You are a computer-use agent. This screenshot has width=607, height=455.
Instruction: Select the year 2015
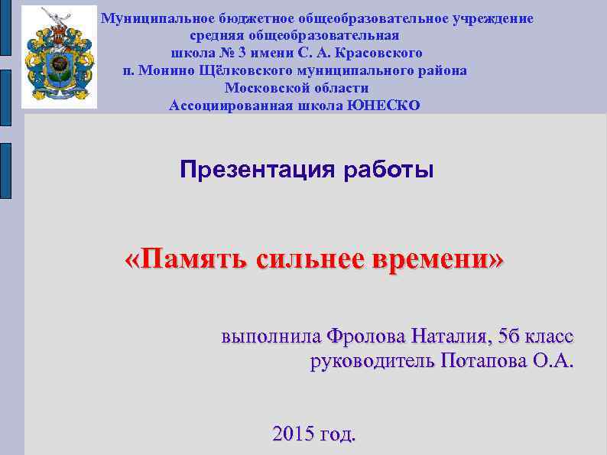pos(292,434)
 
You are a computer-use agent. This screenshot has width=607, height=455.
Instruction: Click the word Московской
pos(265,88)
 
